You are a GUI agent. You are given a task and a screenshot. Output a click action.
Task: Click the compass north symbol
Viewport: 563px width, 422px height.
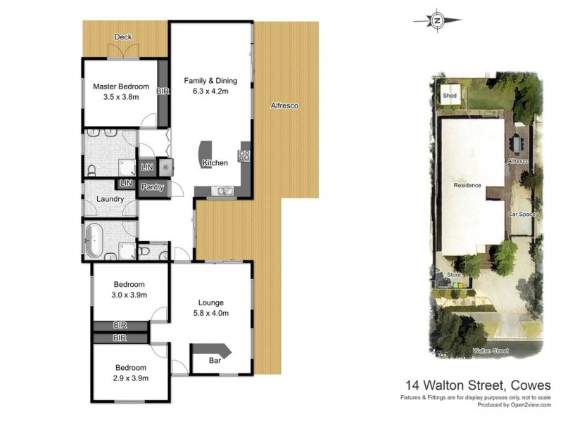point(437,20)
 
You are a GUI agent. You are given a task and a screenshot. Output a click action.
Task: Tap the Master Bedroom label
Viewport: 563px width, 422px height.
point(121,87)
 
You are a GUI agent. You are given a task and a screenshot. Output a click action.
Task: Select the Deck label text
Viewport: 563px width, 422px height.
point(123,37)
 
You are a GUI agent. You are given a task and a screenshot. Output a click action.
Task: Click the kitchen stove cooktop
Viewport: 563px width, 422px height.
point(245,156)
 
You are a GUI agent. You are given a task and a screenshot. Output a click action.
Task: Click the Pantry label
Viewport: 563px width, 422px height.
point(153,187)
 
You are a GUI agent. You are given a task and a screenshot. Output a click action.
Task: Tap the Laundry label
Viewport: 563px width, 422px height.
point(110,199)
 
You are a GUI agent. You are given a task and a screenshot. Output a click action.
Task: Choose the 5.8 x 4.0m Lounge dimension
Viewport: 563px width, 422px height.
point(212,313)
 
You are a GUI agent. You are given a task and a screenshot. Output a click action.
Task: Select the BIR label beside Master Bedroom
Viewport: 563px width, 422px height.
point(163,91)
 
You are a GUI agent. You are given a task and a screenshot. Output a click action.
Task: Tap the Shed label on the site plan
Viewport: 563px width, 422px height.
point(448,96)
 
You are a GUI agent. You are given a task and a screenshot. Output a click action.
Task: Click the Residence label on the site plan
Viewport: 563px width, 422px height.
point(467,186)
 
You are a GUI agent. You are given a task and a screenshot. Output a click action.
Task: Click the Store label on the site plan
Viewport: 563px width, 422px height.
point(453,274)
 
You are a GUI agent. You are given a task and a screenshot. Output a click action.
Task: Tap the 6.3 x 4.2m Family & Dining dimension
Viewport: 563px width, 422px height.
point(210,91)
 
